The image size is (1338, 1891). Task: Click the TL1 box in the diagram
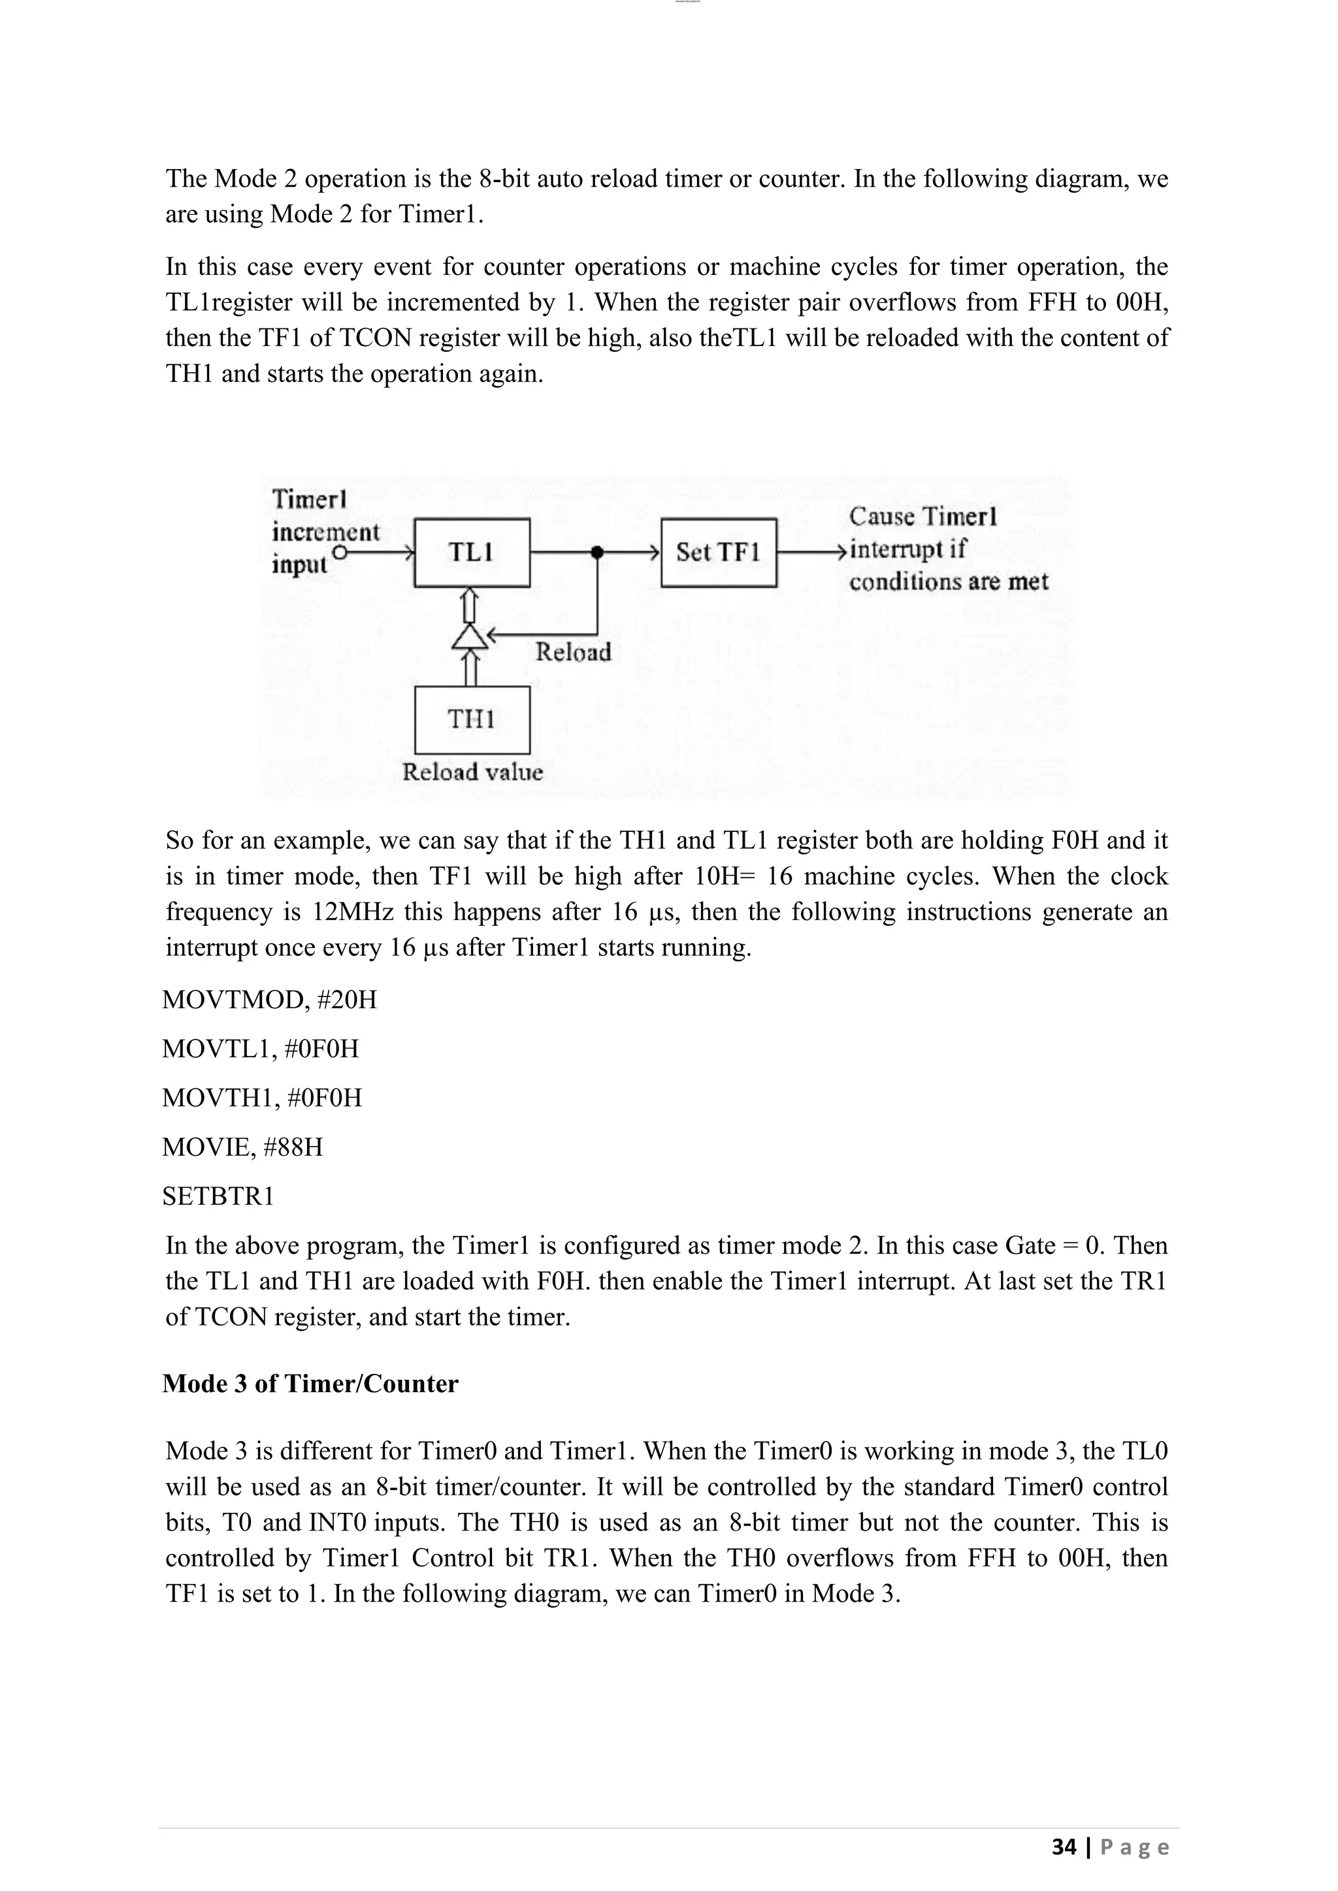[x=471, y=552]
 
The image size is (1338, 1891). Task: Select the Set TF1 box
[x=719, y=552]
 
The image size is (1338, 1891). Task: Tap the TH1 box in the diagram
[x=471, y=720]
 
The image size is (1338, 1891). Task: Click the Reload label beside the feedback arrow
[x=572, y=652]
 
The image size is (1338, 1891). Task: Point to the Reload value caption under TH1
[x=472, y=772]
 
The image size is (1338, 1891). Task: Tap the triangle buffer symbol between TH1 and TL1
[x=470, y=636]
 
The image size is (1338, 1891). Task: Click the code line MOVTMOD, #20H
[x=269, y=1000]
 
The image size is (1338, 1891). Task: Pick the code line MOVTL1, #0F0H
[x=261, y=1049]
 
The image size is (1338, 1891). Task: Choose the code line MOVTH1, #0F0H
[x=262, y=1098]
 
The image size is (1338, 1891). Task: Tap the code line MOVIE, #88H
[x=242, y=1147]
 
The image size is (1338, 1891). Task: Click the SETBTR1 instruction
[x=218, y=1196]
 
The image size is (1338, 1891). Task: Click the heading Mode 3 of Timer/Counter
[x=310, y=1384]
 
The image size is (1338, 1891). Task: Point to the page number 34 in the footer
[x=1064, y=1847]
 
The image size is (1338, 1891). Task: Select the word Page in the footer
[x=1135, y=1847]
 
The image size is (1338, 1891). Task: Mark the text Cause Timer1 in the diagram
[x=922, y=517]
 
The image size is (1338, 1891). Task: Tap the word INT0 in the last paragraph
[x=338, y=1522]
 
